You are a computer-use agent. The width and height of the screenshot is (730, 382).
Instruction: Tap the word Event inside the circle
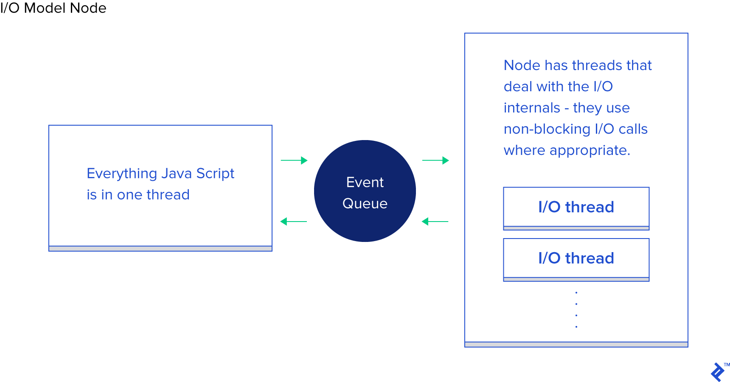365,183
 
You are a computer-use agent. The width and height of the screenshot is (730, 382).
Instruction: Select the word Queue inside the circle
365,204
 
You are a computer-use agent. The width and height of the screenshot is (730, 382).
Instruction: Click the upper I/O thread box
576,207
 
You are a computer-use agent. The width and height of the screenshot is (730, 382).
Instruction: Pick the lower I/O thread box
576,258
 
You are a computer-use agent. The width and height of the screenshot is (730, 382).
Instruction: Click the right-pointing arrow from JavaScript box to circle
294,160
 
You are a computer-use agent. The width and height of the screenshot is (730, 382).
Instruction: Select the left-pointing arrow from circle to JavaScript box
294,222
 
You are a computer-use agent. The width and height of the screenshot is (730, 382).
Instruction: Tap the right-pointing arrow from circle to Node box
435,160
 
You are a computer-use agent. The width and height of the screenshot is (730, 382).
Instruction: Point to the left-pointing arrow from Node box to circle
435,222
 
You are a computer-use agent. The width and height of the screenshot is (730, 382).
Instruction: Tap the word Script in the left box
215,174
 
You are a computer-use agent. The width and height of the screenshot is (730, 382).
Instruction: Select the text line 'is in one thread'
138,195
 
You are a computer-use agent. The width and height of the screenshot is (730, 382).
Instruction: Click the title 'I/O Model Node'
53,8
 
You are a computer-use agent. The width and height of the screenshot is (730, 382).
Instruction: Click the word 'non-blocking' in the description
547,129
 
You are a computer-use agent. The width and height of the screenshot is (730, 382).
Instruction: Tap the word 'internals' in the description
532,108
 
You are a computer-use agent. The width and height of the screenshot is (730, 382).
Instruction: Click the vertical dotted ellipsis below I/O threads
576,310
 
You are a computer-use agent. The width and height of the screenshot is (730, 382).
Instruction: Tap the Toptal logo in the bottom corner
718,372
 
